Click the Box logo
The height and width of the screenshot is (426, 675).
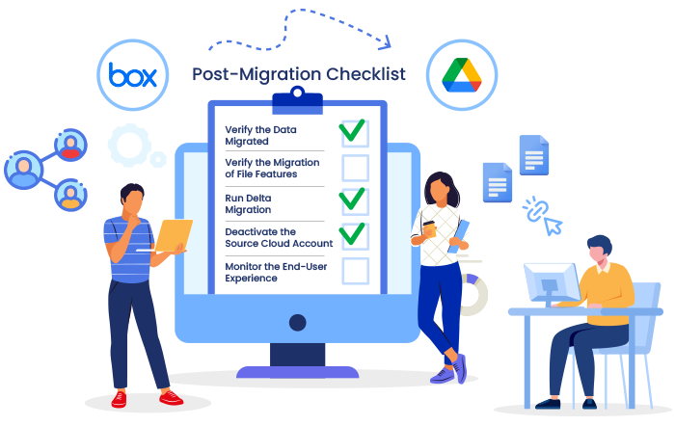pyautogui.click(x=133, y=75)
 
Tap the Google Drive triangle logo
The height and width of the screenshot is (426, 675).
pyautogui.click(x=462, y=75)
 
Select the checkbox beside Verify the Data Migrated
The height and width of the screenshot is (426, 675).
pyautogui.click(x=355, y=134)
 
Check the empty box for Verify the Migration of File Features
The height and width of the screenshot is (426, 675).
pyautogui.click(x=355, y=168)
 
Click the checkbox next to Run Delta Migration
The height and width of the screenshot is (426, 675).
pyautogui.click(x=355, y=201)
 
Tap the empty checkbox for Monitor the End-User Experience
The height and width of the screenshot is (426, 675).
pyautogui.click(x=355, y=271)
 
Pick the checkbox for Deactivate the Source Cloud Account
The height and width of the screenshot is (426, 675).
pyautogui.click(x=355, y=236)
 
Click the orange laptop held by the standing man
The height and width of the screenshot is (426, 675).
pyautogui.click(x=174, y=235)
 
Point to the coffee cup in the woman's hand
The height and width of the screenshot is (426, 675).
pyautogui.click(x=429, y=228)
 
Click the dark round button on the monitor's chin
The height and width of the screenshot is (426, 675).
pyautogui.click(x=297, y=322)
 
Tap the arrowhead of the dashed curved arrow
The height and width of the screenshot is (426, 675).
pyautogui.click(x=386, y=42)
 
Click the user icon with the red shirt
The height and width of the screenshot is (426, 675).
pyautogui.click(x=70, y=145)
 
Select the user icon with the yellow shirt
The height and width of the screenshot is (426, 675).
pyautogui.click(x=70, y=195)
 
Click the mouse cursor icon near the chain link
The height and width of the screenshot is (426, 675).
pyautogui.click(x=553, y=226)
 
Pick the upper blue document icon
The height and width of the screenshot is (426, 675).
pyautogui.click(x=534, y=155)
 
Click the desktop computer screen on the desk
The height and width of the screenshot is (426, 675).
pyautogui.click(x=552, y=281)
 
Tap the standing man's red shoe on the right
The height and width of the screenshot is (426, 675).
pyautogui.click(x=171, y=398)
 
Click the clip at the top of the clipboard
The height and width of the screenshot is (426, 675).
pyautogui.click(x=297, y=100)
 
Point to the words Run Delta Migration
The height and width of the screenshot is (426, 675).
pyautogui.click(x=248, y=204)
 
